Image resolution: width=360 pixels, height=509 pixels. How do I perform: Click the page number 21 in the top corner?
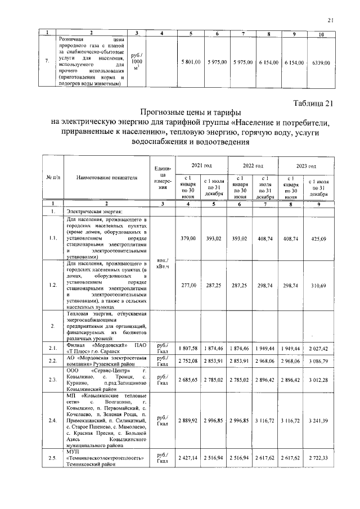tap(331, 21)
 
